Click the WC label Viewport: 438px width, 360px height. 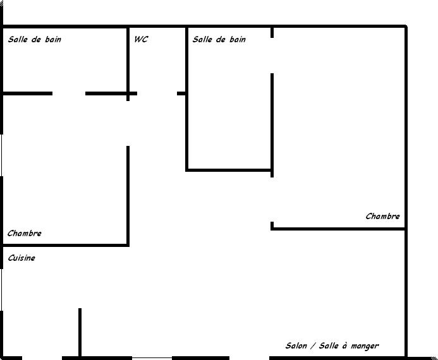[141, 39]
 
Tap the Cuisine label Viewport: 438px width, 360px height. [21, 258]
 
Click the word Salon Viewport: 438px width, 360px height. [296, 345]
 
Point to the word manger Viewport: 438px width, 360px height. [365, 346]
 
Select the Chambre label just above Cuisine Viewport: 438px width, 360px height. [25, 233]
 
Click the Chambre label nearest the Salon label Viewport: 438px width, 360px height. [382, 216]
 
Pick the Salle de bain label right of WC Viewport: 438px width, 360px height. [219, 39]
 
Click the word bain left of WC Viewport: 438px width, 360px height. [53, 39]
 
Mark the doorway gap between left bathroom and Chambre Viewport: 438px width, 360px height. [69, 93]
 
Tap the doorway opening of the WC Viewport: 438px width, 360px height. [157, 93]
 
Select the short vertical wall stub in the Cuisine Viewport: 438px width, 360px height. [80, 332]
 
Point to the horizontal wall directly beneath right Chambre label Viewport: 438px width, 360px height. [338, 229]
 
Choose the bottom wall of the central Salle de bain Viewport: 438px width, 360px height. [229, 170]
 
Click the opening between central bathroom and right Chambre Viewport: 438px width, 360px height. [272, 56]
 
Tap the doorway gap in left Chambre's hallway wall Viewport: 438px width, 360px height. [128, 123]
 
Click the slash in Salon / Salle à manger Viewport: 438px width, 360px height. [313, 345]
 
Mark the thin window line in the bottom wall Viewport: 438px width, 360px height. [152, 357]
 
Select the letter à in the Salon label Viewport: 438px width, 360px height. [344, 345]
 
